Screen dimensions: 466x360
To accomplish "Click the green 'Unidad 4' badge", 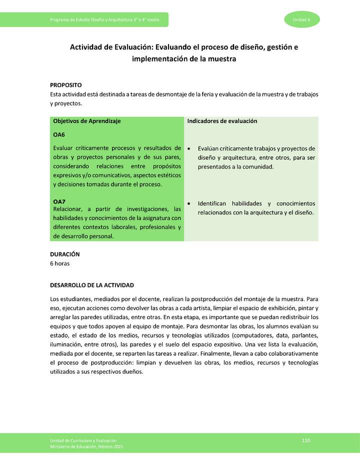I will coord(302,19).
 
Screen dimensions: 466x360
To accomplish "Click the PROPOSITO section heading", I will coord(65,85).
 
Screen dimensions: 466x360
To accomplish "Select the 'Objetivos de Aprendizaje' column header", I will coord(86,121).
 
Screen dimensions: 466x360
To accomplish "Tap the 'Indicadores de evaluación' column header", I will coord(222,121).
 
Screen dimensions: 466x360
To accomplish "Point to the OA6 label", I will coord(59,135).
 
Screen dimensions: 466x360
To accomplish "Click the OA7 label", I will coord(59,201).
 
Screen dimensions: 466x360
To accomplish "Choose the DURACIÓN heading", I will coord(64,254).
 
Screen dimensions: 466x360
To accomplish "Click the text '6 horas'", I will coord(59,263).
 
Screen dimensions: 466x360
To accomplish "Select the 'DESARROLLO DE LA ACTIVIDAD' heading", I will coord(92,285).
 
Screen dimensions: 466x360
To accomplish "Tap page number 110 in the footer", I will coord(306,440).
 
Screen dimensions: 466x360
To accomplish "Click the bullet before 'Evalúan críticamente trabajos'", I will coord(188,148).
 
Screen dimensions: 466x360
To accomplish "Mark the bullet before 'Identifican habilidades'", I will coord(188,204).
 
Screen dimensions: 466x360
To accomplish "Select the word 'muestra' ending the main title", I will coord(221,59).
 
